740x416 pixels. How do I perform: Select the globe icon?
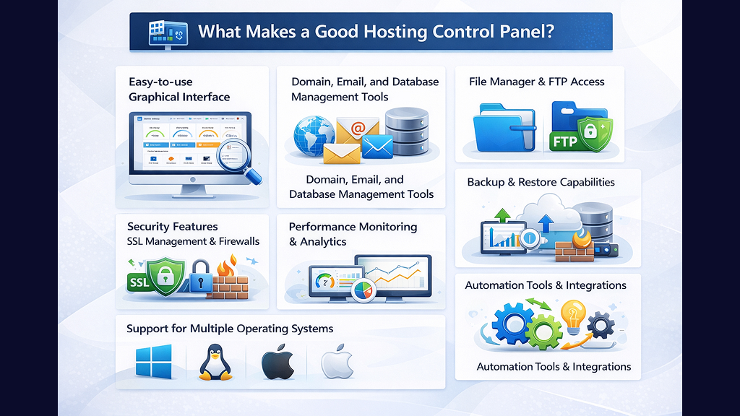point(313,134)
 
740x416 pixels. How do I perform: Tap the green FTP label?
point(566,142)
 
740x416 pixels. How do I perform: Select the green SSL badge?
point(142,282)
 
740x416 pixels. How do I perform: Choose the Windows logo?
point(153,361)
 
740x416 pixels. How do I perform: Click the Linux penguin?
point(215,362)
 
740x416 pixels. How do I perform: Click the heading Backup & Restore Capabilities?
point(541,182)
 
